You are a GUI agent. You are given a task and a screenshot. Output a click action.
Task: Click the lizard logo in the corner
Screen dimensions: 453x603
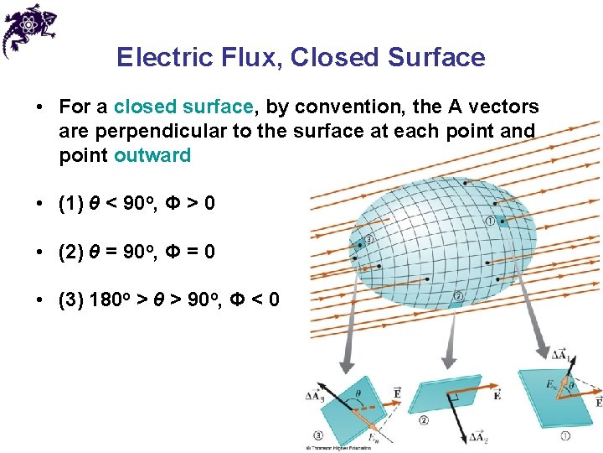coord(30,29)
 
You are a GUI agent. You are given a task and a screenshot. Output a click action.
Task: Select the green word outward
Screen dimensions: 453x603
coord(152,155)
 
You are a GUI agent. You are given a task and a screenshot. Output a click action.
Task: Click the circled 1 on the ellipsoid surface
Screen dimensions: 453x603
coord(489,221)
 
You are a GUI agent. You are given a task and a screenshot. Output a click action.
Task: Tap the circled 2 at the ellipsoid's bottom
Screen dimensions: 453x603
coord(458,295)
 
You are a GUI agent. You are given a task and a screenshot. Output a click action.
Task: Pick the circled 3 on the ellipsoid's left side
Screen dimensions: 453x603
coord(368,238)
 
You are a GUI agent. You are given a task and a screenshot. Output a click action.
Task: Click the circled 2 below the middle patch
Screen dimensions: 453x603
coord(424,419)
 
